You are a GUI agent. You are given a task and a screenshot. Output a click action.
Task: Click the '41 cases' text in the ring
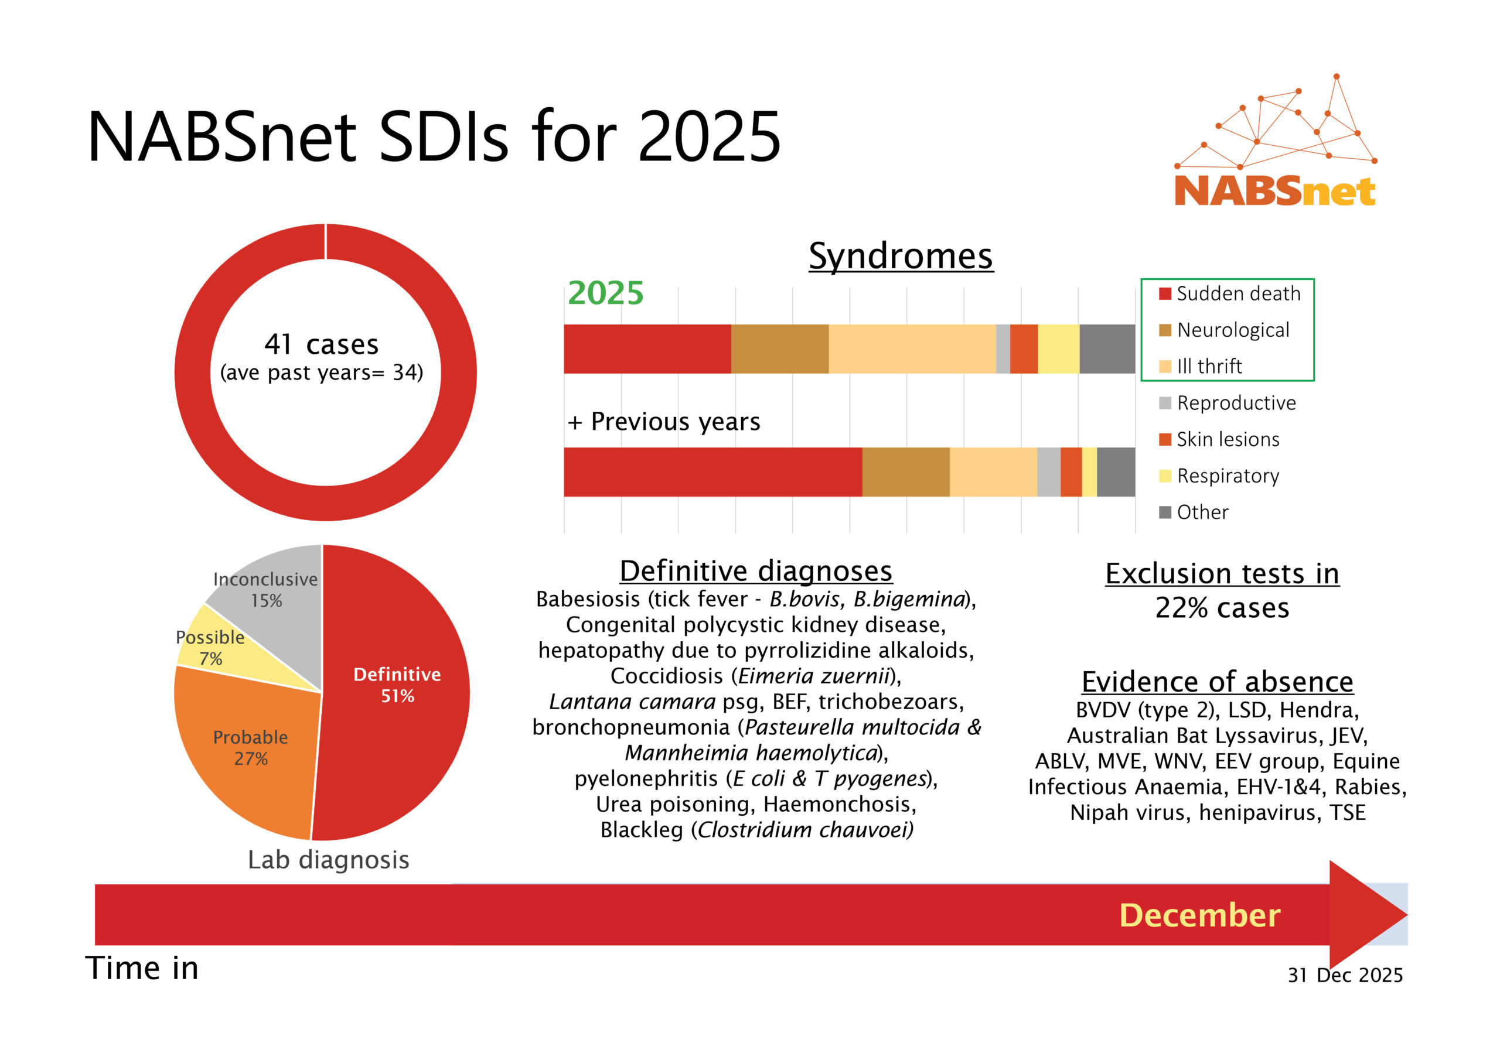[x=322, y=344]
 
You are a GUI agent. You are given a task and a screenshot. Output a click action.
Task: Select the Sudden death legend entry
[x=1229, y=294]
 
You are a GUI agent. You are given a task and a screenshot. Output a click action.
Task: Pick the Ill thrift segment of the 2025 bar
[x=912, y=349]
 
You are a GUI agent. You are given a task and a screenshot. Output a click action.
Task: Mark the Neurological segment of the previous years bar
[x=905, y=471]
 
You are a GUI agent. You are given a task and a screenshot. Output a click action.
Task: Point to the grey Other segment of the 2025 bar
[x=1107, y=349]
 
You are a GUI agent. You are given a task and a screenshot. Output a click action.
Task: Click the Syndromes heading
[x=901, y=256]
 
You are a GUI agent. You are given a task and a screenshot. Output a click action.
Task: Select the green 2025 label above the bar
[x=606, y=293]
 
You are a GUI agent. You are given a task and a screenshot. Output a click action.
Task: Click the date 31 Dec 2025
[x=1345, y=975]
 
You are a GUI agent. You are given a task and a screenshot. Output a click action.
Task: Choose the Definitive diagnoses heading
[x=756, y=571]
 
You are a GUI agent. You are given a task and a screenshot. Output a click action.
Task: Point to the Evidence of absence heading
[x=1217, y=682]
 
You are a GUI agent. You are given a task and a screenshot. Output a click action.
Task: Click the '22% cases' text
[x=1222, y=608]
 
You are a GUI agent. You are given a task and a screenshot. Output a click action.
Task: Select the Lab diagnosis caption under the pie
[x=329, y=860]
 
